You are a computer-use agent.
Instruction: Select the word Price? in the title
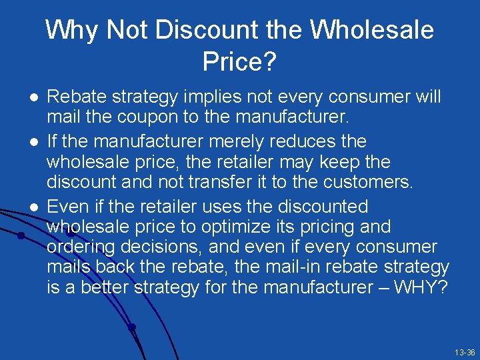point(239,62)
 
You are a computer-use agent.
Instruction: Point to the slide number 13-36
point(464,352)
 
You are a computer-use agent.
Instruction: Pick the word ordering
point(82,247)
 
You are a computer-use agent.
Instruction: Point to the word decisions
point(164,247)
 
